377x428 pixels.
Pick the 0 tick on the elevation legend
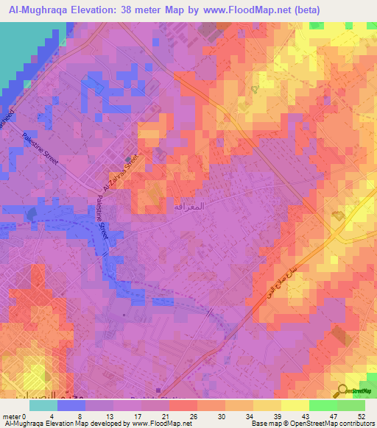pyautogui.click(x=30, y=416)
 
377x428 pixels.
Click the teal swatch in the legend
pyautogui.click(x=43, y=405)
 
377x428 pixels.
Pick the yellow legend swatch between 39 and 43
pyautogui.click(x=295, y=405)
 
